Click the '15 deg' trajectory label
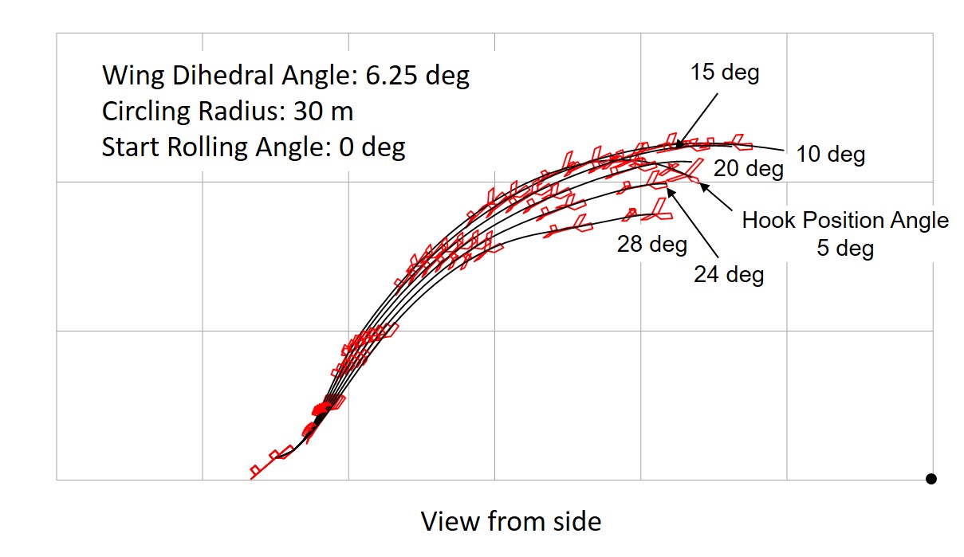pyautogui.click(x=724, y=73)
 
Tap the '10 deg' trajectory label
pyautogui.click(x=831, y=155)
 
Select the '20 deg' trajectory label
pyautogui.click(x=748, y=169)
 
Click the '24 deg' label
pyautogui.click(x=729, y=275)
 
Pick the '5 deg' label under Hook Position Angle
pyautogui.click(x=845, y=248)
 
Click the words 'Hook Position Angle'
pyautogui.click(x=845, y=221)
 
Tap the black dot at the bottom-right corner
pyautogui.click(x=931, y=479)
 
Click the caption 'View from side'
pyautogui.click(x=511, y=521)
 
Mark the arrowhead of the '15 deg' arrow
pyautogui.click(x=678, y=147)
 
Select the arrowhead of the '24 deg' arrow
pyautogui.click(x=667, y=190)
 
